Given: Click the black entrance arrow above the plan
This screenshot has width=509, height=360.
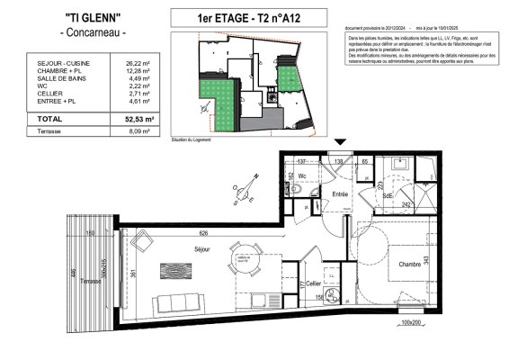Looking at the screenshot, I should click(x=339, y=143).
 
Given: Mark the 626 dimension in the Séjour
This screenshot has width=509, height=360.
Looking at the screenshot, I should click(x=204, y=232).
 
